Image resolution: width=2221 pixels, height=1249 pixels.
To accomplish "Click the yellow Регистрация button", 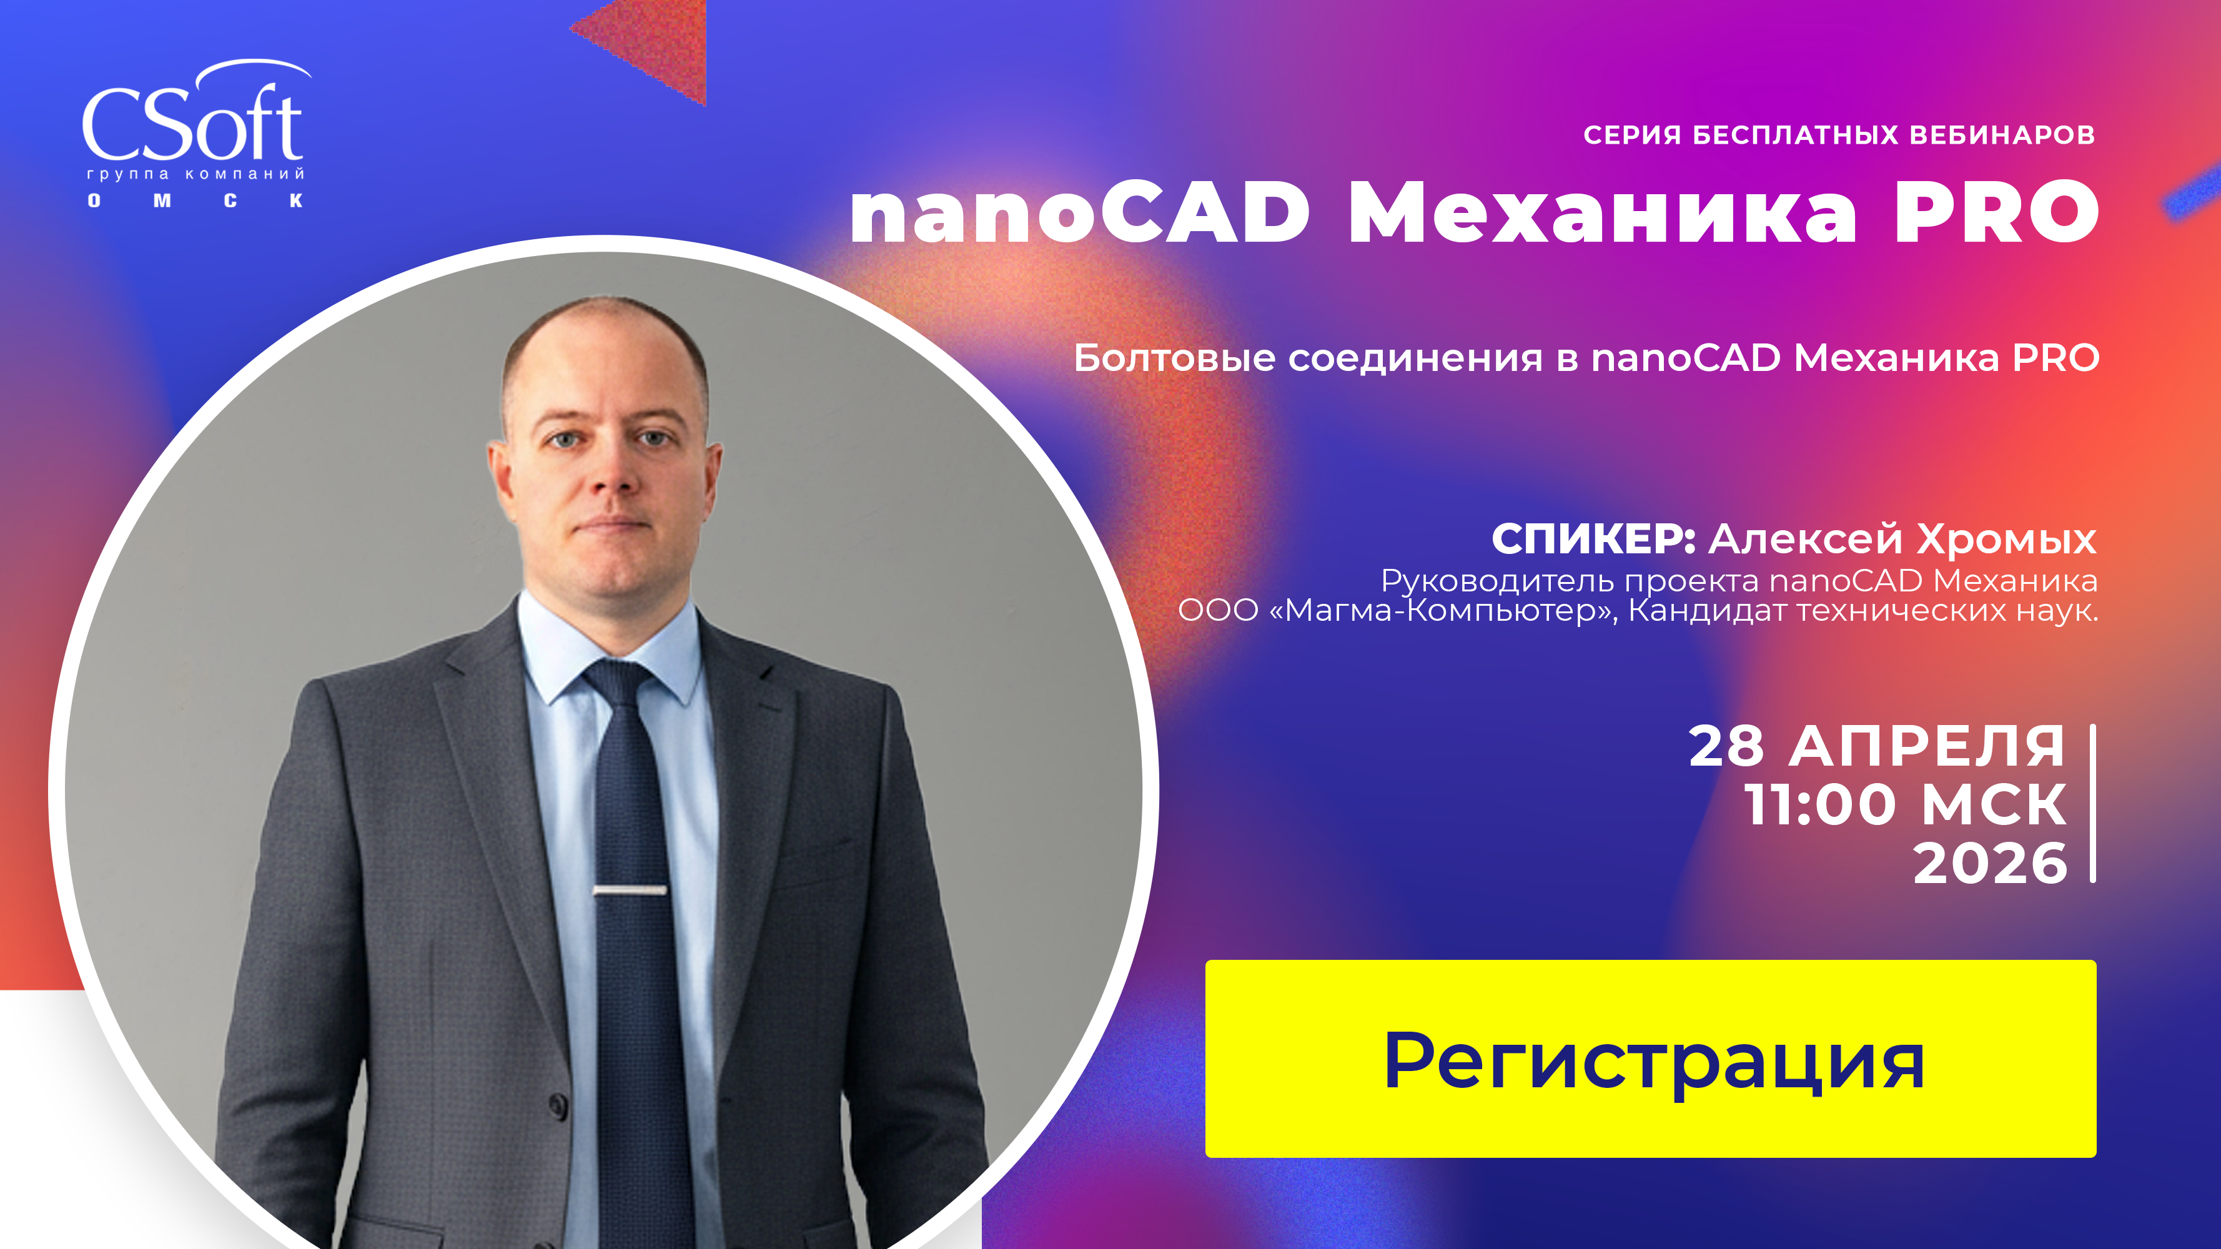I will (1650, 1059).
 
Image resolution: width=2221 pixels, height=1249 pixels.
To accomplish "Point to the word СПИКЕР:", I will (1593, 540).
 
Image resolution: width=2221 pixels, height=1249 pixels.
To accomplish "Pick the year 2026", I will (1990, 864).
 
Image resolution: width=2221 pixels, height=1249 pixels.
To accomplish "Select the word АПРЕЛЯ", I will (1927, 746).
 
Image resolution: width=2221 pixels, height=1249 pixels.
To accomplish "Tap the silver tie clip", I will (630, 889).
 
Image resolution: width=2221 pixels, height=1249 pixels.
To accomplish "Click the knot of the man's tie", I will (619, 681).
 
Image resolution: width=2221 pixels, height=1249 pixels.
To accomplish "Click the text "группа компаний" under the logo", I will (195, 174).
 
